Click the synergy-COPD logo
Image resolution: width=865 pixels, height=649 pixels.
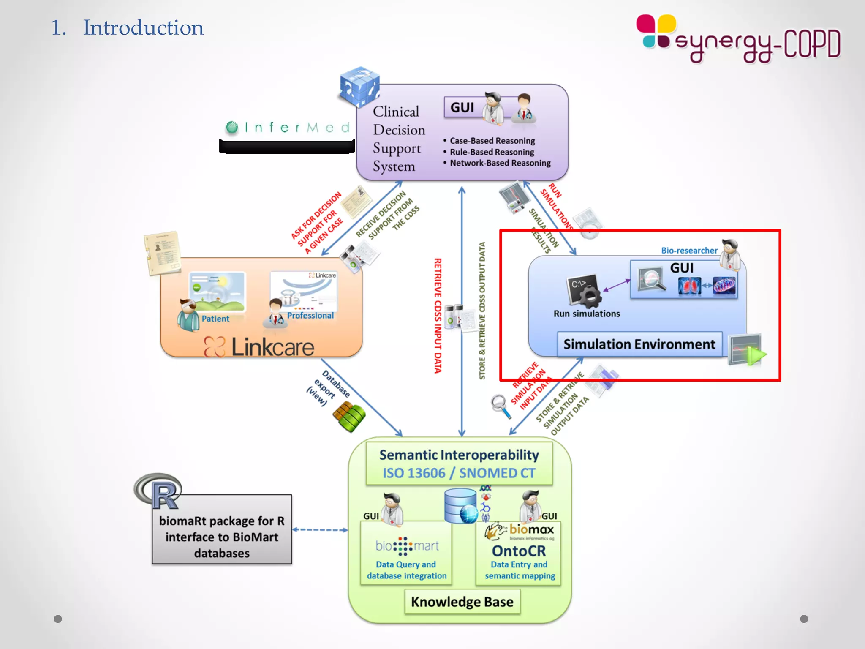tap(738, 39)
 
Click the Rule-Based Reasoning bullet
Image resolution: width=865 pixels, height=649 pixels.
tap(492, 152)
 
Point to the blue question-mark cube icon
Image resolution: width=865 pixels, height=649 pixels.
tap(359, 87)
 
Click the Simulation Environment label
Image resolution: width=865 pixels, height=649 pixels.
tap(639, 344)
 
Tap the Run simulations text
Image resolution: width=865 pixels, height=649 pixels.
tap(587, 314)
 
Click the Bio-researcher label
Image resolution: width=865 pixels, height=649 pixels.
tap(689, 251)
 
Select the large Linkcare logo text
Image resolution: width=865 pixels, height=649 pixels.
tap(272, 347)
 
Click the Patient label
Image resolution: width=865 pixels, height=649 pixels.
tap(215, 319)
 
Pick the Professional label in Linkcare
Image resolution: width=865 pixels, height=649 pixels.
tap(310, 316)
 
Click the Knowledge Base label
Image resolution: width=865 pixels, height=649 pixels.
tap(462, 601)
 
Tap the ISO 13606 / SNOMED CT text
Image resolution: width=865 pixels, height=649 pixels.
tap(459, 473)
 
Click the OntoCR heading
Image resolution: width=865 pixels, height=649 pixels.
tap(519, 551)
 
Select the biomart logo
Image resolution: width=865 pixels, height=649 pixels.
tap(407, 546)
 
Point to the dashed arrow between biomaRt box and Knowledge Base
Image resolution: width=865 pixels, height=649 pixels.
tap(320, 529)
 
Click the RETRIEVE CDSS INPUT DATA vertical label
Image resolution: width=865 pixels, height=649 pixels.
tap(438, 316)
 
